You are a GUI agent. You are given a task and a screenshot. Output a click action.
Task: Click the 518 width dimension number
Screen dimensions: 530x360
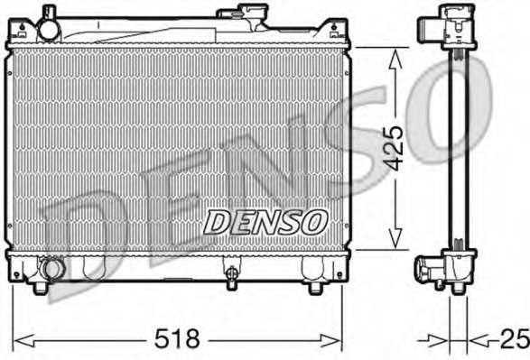tap(177, 338)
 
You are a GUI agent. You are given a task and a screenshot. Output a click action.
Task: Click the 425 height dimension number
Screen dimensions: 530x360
tap(395, 148)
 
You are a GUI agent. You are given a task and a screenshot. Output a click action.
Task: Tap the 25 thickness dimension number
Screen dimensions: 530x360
tap(516, 338)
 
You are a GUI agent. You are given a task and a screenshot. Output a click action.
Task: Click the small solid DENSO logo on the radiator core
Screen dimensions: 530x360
tap(265, 222)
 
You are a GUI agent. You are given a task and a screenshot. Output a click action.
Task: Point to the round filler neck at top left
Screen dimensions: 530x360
tap(50, 30)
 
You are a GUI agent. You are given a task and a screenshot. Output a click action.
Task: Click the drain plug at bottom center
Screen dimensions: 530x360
tap(231, 274)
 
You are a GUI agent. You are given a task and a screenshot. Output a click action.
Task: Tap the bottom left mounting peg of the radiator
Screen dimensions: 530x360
tap(41, 288)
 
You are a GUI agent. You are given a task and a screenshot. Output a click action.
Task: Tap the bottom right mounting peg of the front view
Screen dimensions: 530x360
tap(316, 288)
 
